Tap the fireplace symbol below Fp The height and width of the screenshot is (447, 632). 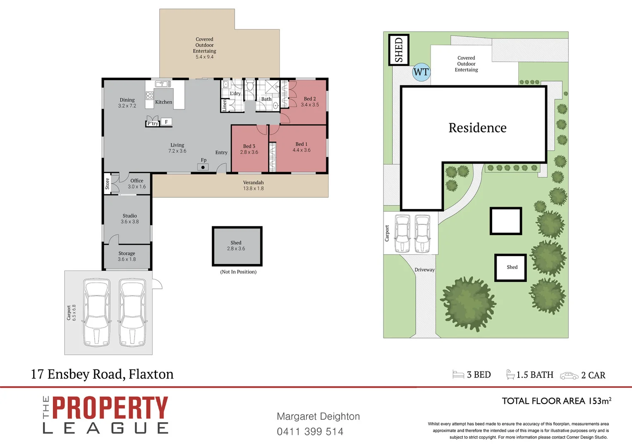(x=203, y=167)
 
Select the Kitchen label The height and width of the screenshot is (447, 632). (x=163, y=102)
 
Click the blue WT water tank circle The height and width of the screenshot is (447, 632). (x=421, y=72)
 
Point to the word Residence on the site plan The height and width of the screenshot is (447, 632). (x=477, y=128)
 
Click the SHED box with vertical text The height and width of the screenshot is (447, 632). (x=399, y=50)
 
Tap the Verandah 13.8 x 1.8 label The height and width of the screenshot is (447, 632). (x=253, y=185)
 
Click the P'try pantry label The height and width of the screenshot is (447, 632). (x=153, y=123)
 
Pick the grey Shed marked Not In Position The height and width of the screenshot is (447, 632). (x=237, y=246)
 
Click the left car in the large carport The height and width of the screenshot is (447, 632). (x=96, y=312)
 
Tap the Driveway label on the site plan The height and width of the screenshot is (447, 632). (x=424, y=270)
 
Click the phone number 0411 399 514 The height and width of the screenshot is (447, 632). (x=310, y=432)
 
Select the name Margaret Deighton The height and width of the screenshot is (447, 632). (x=318, y=416)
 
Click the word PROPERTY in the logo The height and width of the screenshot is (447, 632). (x=110, y=408)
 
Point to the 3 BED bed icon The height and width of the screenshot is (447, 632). (x=458, y=375)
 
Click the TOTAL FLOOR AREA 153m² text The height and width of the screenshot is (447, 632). (x=556, y=401)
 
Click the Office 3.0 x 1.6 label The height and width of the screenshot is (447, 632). (x=136, y=184)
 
